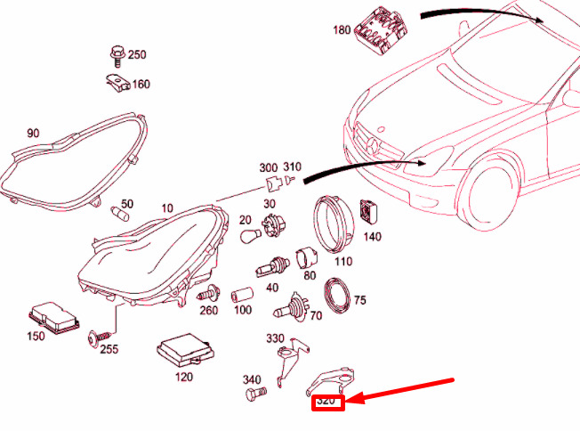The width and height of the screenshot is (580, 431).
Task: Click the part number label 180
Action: (x=342, y=29)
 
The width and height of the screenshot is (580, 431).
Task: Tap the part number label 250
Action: (x=136, y=55)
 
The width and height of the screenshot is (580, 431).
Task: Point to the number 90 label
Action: (x=33, y=134)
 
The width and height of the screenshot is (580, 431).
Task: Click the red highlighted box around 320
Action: (x=327, y=403)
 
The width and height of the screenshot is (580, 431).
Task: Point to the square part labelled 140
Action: (x=369, y=213)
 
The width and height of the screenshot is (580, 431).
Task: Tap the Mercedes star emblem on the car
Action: (x=371, y=145)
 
